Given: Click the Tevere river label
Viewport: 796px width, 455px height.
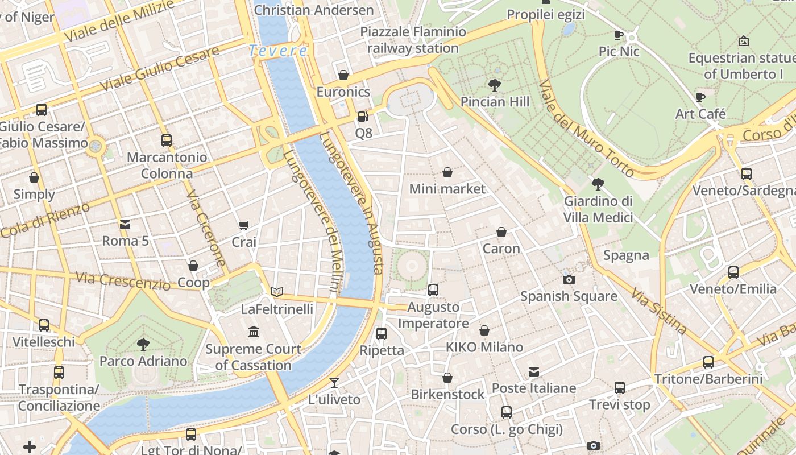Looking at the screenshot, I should (278, 51).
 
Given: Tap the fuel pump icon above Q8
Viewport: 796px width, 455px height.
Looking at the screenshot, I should (363, 117).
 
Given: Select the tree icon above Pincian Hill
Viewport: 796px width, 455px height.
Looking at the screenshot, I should (495, 86).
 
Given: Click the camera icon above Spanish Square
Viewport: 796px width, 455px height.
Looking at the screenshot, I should (569, 279).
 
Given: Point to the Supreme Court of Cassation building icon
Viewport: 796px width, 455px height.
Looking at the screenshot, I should (254, 332).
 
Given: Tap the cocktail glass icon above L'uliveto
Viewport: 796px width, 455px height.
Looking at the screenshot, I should (334, 382).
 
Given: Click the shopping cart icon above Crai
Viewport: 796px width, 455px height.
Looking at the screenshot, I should (244, 225).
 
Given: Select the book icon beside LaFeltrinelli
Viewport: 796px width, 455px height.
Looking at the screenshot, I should (277, 292).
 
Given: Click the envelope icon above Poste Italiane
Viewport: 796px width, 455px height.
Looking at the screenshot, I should (534, 372).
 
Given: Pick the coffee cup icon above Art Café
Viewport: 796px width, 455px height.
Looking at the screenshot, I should (700, 97).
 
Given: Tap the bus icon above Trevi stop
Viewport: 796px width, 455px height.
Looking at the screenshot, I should (620, 388).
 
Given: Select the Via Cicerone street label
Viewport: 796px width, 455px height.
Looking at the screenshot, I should (206, 227).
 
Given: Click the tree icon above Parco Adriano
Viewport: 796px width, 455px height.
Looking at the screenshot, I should (143, 344).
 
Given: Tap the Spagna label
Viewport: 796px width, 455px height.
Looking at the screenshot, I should (626, 255).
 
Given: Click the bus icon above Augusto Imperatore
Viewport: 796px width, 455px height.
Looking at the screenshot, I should (433, 290).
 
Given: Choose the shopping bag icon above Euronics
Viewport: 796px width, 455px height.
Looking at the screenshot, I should (343, 75).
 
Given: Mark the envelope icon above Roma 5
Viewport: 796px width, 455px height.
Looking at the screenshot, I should (125, 225).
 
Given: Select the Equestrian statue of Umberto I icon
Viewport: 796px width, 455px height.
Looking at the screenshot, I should (743, 41).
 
